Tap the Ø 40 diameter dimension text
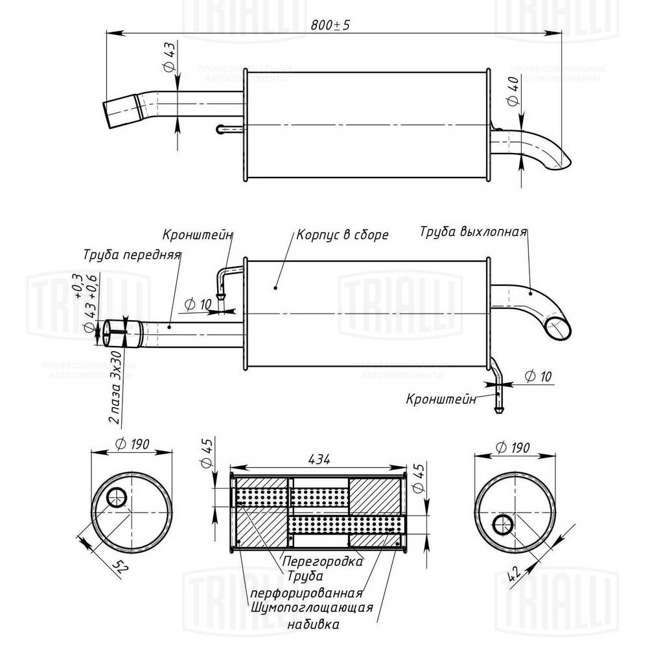(x=513, y=91)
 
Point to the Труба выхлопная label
(x=472, y=231)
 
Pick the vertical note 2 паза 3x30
(x=117, y=387)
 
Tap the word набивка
(x=312, y=625)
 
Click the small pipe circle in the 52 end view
(x=117, y=498)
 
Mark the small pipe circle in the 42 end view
(x=503, y=524)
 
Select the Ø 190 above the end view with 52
(x=132, y=445)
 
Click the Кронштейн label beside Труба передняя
(x=198, y=235)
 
